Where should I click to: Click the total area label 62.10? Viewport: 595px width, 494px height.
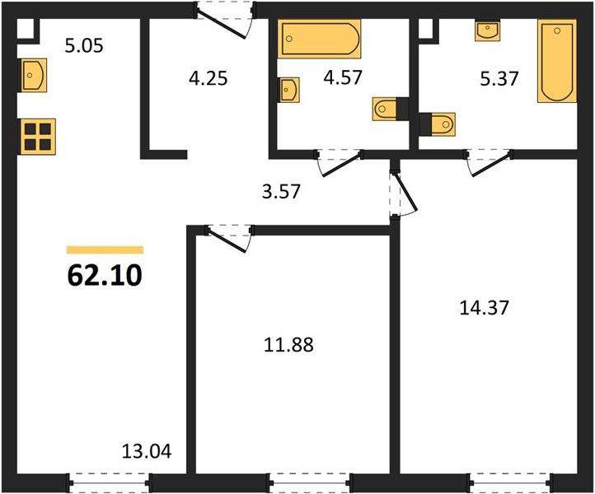click(105, 275)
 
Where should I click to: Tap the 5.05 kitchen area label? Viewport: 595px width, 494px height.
click(84, 46)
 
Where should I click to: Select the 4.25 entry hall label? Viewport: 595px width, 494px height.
click(208, 78)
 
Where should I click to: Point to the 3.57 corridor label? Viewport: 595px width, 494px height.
click(281, 192)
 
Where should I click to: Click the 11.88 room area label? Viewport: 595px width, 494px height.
click(288, 345)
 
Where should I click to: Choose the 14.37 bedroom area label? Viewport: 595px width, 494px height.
click(484, 307)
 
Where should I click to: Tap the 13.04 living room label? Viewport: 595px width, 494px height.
click(147, 451)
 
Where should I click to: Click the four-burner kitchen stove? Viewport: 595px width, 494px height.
click(38, 137)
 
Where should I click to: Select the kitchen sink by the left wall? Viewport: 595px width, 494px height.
click(33, 75)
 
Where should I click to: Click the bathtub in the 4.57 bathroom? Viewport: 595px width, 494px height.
click(319, 39)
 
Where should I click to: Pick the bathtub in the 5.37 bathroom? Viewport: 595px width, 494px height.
click(556, 61)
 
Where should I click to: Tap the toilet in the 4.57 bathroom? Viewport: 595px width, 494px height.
click(391, 110)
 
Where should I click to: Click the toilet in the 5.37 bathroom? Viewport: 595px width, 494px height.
click(438, 123)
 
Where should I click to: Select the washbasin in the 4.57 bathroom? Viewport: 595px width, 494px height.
click(290, 90)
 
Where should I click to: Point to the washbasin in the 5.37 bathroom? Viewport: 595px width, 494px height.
click(488, 30)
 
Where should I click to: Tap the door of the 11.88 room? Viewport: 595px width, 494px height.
click(228, 238)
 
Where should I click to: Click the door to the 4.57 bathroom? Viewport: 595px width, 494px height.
click(339, 163)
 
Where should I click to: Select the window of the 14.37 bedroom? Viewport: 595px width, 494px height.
click(511, 482)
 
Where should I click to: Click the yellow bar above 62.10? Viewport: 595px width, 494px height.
click(105, 249)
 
